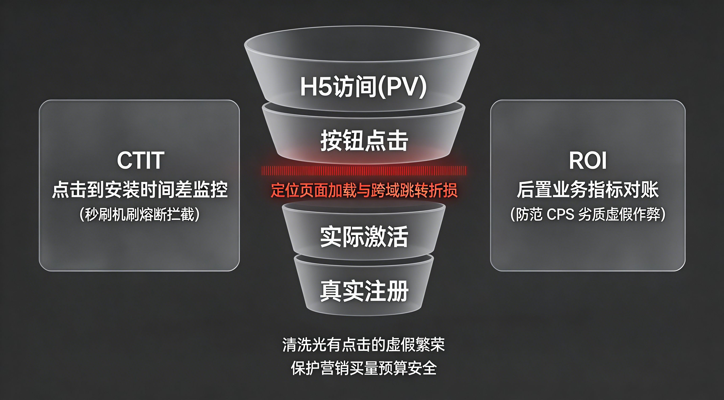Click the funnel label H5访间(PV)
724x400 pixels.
click(x=363, y=86)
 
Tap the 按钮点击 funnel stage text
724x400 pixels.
click(x=364, y=140)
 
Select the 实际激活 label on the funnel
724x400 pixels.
click(x=364, y=236)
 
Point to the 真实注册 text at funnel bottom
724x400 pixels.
click(x=364, y=291)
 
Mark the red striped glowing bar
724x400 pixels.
click(x=364, y=170)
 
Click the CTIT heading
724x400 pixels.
click(x=140, y=160)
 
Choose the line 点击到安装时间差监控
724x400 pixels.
click(x=140, y=190)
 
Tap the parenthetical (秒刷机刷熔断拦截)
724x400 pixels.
click(x=140, y=215)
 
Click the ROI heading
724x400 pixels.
click(x=588, y=160)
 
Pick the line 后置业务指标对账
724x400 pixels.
click(x=588, y=190)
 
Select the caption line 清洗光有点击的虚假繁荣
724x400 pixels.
click(x=364, y=345)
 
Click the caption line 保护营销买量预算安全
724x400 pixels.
click(x=364, y=368)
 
